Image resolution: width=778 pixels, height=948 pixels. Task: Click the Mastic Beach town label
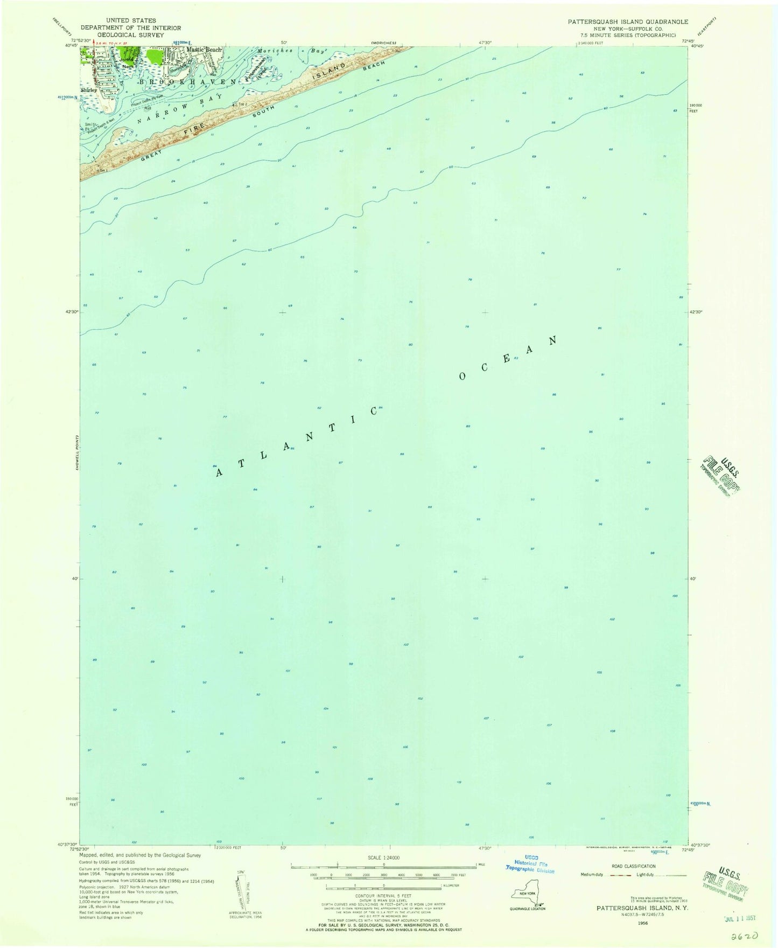(204, 50)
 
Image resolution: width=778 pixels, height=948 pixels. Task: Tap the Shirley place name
(89, 90)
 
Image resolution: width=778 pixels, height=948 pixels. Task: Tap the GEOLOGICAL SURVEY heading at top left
(131, 34)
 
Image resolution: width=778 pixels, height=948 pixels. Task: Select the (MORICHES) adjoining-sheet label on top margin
(383, 43)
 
